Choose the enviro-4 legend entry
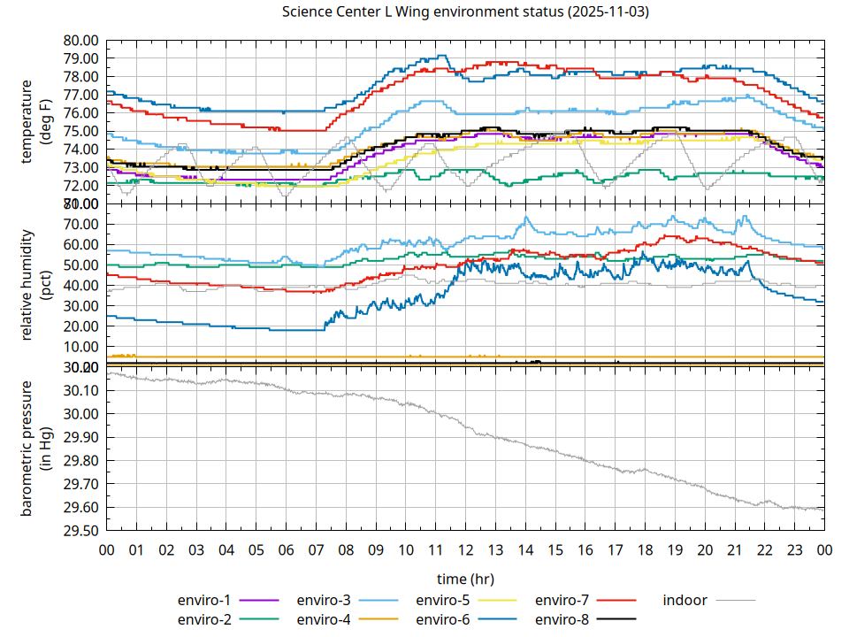pos(324,619)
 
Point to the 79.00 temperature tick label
pos(80,58)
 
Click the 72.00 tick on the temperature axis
pos(80,186)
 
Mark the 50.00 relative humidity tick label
pos(80,265)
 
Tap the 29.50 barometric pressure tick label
pos(80,531)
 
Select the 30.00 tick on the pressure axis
pos(80,414)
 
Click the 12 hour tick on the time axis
pos(465,549)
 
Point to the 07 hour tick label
pos(316,549)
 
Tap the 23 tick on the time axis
pos(794,549)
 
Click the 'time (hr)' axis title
pos(465,579)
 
